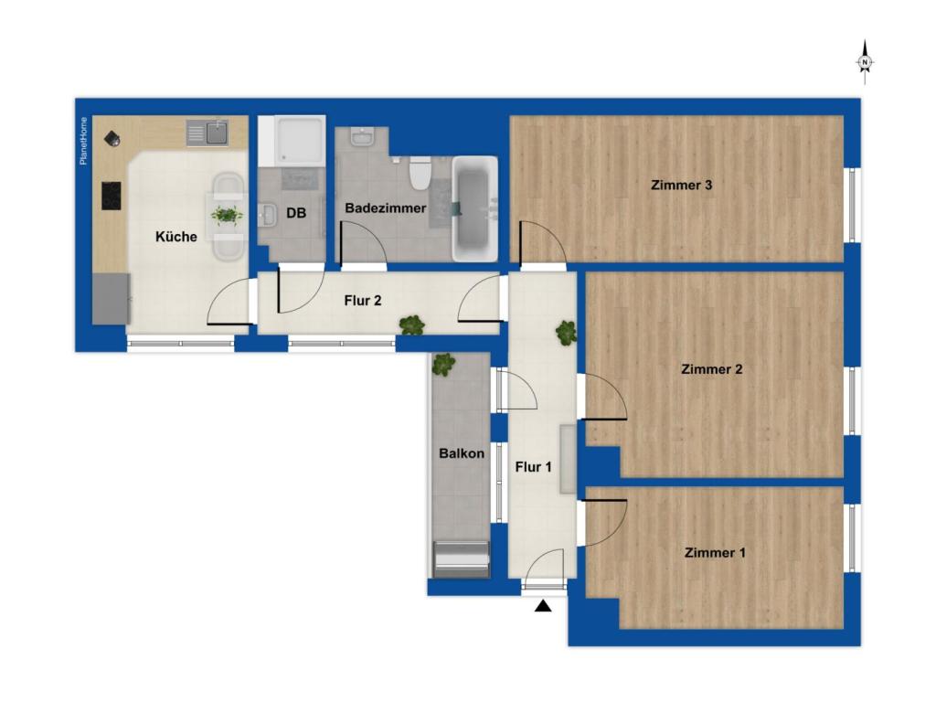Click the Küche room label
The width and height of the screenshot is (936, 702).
coord(176,237)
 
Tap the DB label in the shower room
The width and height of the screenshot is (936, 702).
coord(296,213)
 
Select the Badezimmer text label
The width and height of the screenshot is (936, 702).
coord(386,208)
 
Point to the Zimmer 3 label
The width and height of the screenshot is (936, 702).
coord(681,185)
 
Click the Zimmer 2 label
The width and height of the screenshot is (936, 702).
coord(711,369)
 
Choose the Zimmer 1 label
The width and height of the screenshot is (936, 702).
coord(715,553)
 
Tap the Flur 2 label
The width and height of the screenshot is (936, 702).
coord(362,301)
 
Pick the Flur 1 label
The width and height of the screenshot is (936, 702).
coord(533,467)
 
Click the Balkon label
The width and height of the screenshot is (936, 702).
coord(462,453)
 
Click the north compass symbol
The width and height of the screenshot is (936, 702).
coord(865,62)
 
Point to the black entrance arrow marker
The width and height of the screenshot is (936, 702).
coord(543,607)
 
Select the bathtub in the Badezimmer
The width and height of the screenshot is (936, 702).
coord(474,209)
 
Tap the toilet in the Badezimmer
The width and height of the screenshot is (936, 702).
coord(420,173)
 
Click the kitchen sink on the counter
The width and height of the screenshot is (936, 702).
coord(207,133)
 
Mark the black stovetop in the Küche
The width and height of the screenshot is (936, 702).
coord(111,196)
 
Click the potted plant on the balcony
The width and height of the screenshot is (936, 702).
coord(443,364)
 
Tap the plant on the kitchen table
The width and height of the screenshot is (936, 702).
coord(227,214)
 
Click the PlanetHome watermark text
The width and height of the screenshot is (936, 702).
coord(83,141)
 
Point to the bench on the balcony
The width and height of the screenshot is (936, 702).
coord(461,559)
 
